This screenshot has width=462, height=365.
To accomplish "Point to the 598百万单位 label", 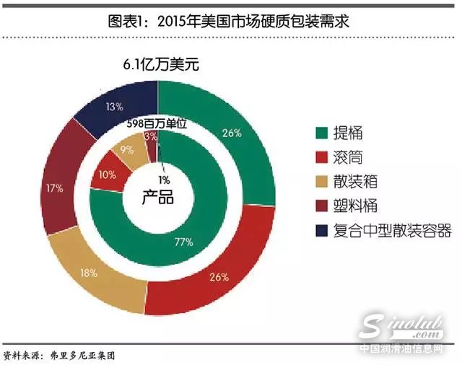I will [157, 123].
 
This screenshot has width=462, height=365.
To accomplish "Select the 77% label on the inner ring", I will [183, 242].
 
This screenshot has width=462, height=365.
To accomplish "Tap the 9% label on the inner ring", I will [126, 151].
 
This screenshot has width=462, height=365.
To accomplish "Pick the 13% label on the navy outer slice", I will [113, 107].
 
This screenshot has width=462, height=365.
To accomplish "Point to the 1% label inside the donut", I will [165, 179].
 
